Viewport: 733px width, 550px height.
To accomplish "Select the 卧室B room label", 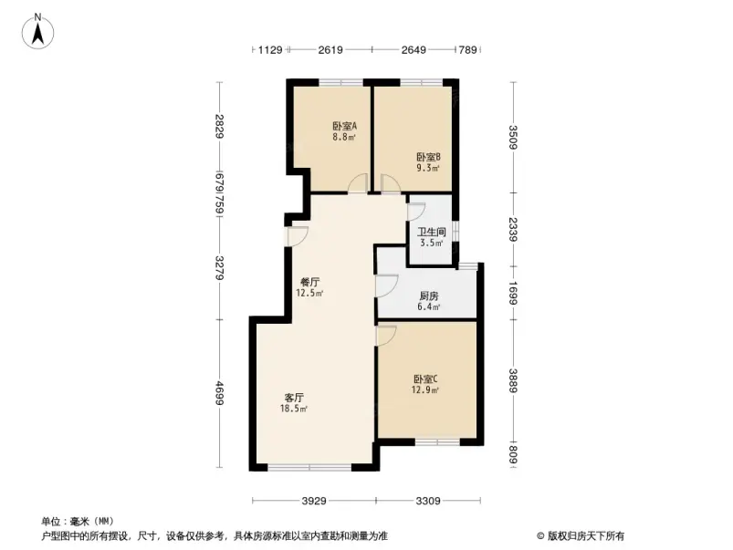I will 428,156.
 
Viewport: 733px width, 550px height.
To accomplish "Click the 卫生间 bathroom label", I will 431,232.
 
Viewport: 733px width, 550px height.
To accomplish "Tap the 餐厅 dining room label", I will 309,282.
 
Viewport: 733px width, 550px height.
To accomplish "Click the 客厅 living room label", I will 293,397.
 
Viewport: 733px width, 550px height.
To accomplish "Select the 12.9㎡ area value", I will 425,390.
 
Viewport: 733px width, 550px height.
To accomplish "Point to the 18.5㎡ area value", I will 293,409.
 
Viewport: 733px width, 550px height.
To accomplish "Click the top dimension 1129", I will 271,50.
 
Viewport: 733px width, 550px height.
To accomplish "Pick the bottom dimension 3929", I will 314,501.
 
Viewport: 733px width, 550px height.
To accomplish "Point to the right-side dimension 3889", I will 513,377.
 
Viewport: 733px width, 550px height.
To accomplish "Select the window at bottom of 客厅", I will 309,467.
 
